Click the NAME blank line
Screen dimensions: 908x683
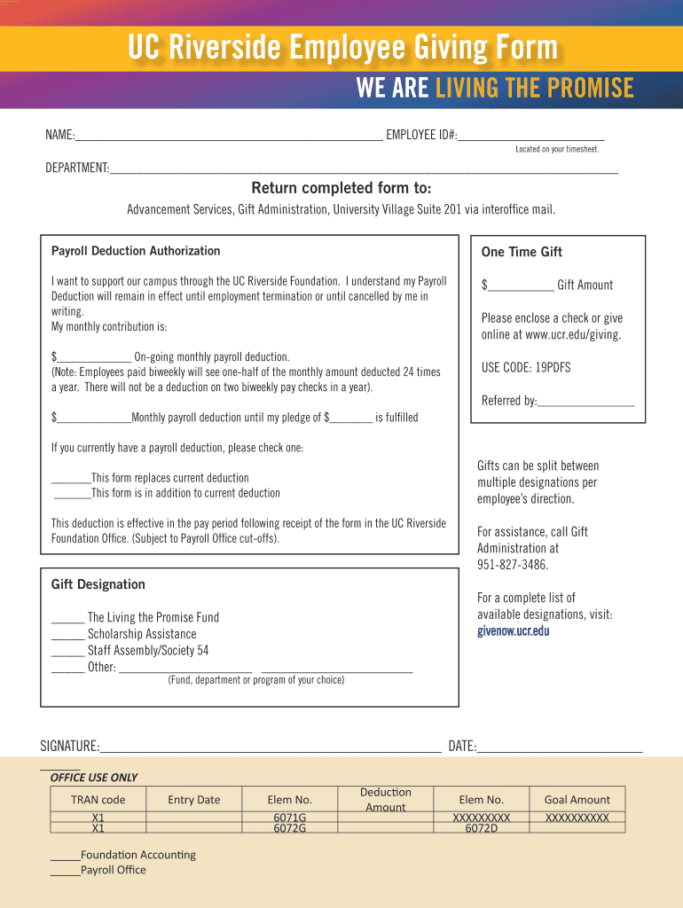coord(229,137)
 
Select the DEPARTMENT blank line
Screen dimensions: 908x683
coord(364,168)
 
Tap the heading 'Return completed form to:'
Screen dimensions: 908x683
coord(341,188)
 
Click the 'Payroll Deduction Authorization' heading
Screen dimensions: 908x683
coord(136,251)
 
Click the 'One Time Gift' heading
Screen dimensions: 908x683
coord(522,252)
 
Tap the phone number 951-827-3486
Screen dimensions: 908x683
coord(513,565)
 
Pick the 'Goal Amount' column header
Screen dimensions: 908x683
coord(577,799)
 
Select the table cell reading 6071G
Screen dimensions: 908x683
coord(290,817)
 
